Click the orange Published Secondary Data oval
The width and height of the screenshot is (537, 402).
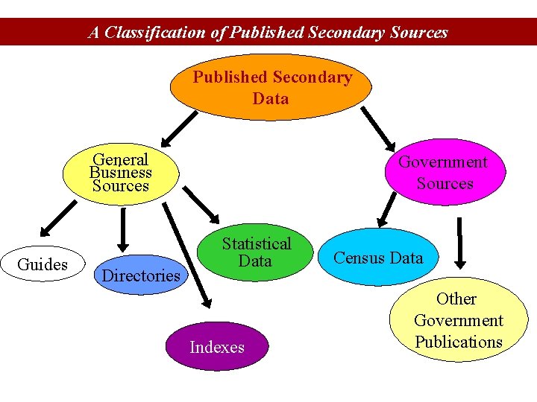[x=271, y=88]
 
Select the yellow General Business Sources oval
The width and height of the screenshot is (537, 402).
[x=121, y=173]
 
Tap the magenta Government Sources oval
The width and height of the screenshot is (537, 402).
[x=445, y=173]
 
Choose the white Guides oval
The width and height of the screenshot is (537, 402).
[x=43, y=264]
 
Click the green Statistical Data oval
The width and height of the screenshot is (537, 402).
[x=256, y=252]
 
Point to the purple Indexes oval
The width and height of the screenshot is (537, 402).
[x=217, y=347]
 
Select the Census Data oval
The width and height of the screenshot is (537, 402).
[x=378, y=258]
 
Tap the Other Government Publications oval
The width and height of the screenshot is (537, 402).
[x=458, y=320]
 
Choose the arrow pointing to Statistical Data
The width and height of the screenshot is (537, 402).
[x=198, y=202]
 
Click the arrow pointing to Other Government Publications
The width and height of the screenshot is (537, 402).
[x=460, y=243]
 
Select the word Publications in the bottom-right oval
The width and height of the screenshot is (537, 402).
[x=459, y=342]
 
